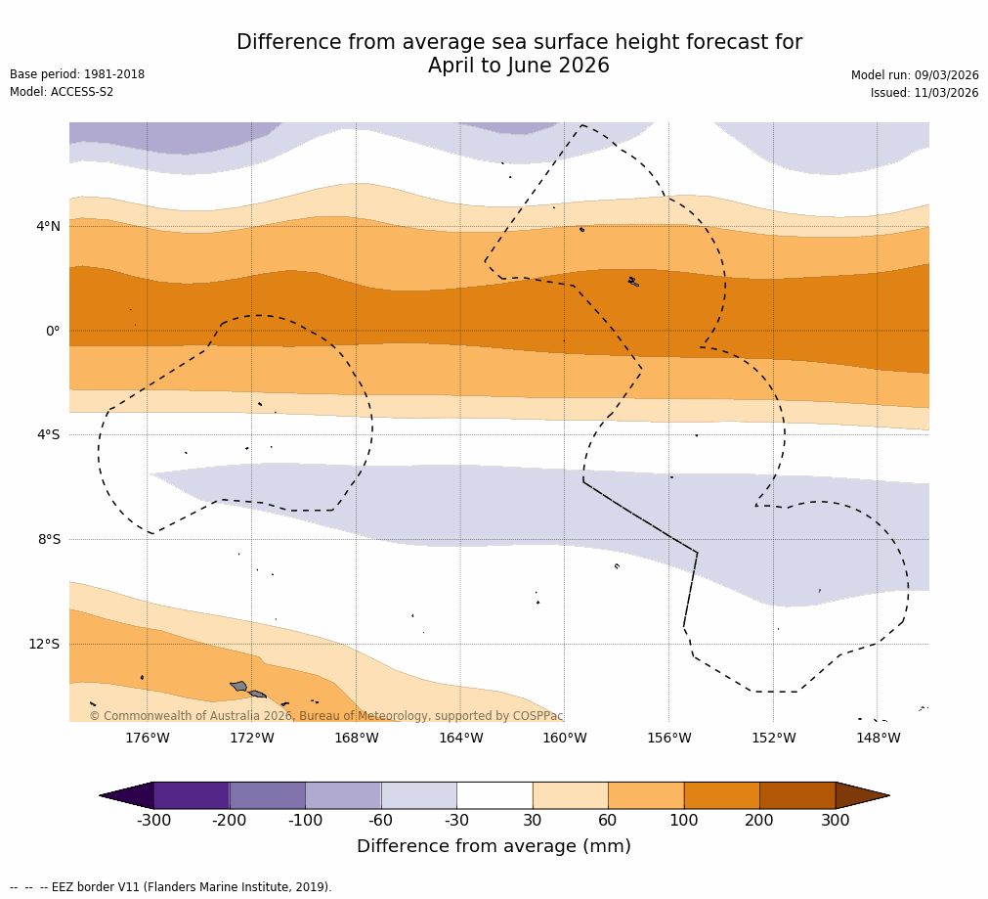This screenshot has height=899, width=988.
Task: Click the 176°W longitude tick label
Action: coord(147,738)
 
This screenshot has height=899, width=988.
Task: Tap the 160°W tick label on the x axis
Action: coord(564,738)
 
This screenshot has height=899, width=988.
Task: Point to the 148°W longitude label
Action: coord(878,738)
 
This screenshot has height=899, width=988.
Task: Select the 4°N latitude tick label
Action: coord(48,227)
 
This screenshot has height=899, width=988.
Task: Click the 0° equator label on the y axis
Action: coord(53,331)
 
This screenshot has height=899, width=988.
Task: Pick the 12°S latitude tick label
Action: coord(44,644)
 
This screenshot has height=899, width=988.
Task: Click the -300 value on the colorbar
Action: coord(153,821)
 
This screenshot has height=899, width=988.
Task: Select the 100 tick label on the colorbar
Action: coord(683,821)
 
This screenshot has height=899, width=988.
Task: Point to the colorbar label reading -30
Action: coord(456,821)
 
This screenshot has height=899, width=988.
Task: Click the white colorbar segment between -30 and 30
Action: coord(494,795)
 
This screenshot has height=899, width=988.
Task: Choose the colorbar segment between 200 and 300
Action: coord(797,795)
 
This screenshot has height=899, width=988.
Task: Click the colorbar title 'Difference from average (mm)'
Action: coord(494,846)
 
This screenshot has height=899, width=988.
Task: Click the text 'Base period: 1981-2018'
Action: coord(77,74)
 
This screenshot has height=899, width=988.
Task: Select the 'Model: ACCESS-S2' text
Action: coord(62,92)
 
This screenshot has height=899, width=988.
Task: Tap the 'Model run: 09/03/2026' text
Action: coord(915,75)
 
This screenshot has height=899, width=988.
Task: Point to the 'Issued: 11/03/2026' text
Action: coord(924,93)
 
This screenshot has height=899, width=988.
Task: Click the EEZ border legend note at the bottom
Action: coord(171,887)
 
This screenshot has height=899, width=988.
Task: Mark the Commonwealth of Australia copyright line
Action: coord(326,716)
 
